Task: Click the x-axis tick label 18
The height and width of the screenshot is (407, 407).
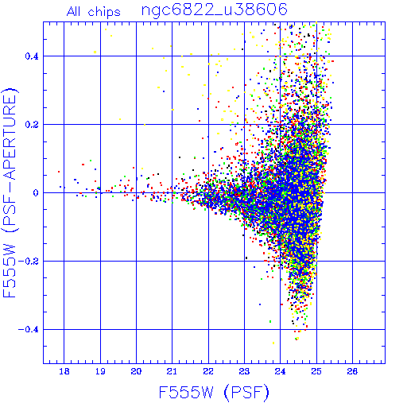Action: tap(64, 371)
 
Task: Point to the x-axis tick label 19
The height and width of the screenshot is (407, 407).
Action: tap(100, 371)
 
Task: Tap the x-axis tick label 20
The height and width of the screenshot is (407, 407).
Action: tap(136, 371)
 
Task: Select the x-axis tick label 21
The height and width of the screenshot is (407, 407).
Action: tap(172, 371)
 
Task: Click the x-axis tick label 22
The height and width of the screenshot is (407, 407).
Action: tap(208, 371)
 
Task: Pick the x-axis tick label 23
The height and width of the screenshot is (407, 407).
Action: tap(244, 371)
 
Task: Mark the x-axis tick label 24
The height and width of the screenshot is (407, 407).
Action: tap(280, 371)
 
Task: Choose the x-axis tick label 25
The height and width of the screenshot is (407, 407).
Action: tap(316, 371)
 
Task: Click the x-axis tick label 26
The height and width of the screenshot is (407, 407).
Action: tap(352, 371)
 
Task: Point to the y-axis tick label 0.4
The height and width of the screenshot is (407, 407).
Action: tap(32, 56)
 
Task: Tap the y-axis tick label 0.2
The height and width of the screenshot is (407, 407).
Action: tap(32, 125)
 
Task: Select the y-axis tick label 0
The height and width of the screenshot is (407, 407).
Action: tap(36, 193)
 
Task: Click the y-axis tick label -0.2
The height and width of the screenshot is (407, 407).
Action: tap(28, 262)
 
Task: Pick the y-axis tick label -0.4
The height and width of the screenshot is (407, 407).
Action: tap(28, 330)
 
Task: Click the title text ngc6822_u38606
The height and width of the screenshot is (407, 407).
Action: tap(215, 10)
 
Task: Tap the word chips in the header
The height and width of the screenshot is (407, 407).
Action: tap(104, 12)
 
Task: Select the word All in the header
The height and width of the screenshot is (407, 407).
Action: tap(74, 11)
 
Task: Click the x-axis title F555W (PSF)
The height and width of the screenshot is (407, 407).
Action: tap(214, 392)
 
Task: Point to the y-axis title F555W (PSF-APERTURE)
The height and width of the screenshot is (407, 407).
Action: tap(10, 193)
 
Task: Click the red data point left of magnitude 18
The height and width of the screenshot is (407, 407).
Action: tap(59, 172)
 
